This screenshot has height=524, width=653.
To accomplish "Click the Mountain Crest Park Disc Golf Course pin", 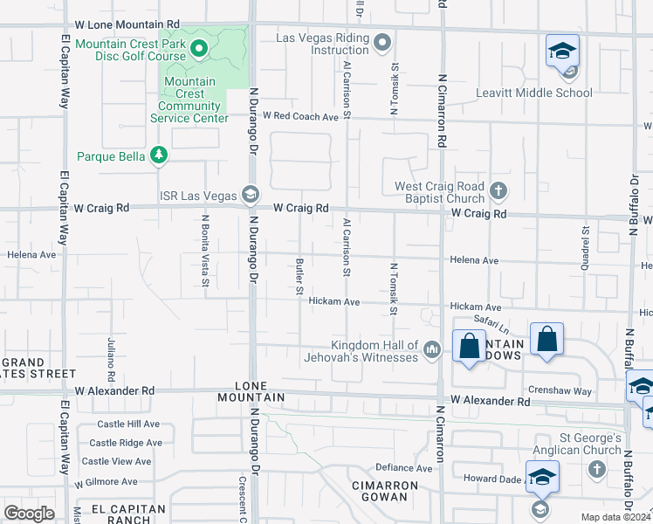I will point(199,50).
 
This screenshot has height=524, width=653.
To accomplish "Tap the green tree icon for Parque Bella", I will point(158,155).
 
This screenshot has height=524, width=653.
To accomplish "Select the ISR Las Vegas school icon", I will point(251,194).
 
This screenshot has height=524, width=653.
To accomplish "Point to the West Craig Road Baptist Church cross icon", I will point(498,191).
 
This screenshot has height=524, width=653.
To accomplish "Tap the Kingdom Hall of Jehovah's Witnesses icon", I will point(431,351).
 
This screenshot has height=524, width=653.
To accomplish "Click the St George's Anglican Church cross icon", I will point(596,470).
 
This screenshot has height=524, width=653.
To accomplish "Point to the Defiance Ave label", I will point(403,468).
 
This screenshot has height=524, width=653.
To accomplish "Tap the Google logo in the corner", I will point(30,514).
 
